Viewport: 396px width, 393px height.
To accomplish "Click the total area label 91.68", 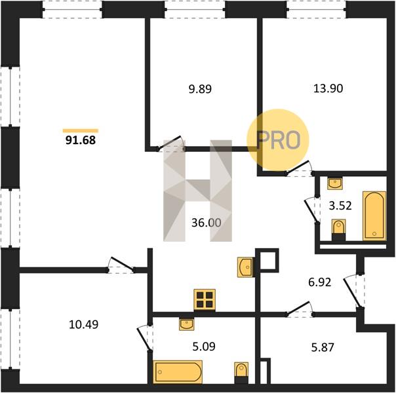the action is [81, 140].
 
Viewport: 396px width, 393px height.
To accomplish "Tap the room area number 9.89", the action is [200, 89].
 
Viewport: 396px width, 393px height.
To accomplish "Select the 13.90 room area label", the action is [328, 88].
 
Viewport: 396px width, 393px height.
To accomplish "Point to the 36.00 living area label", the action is [207, 223].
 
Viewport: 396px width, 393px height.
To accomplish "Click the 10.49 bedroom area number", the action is [84, 324].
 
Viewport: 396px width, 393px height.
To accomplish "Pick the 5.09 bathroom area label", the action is [204, 346].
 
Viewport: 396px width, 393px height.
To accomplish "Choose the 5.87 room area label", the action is [323, 348].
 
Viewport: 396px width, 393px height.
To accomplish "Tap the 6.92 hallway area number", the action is [320, 282].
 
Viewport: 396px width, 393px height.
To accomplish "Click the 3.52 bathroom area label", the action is [340, 206].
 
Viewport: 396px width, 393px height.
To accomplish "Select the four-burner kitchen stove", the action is [205, 300].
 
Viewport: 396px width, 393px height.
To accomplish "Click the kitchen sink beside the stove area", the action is [245, 267].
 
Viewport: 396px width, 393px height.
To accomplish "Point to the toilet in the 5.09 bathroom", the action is [241, 373].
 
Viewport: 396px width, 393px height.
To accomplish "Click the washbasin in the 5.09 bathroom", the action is [187, 324].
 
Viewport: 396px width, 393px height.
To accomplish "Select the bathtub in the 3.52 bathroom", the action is [374, 216].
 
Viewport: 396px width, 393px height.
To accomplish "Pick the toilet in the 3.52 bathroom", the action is [339, 230].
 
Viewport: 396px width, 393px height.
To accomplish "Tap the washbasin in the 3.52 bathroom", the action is [335, 183].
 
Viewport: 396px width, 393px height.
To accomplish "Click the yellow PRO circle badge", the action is [278, 140].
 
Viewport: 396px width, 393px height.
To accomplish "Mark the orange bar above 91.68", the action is [81, 130].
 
